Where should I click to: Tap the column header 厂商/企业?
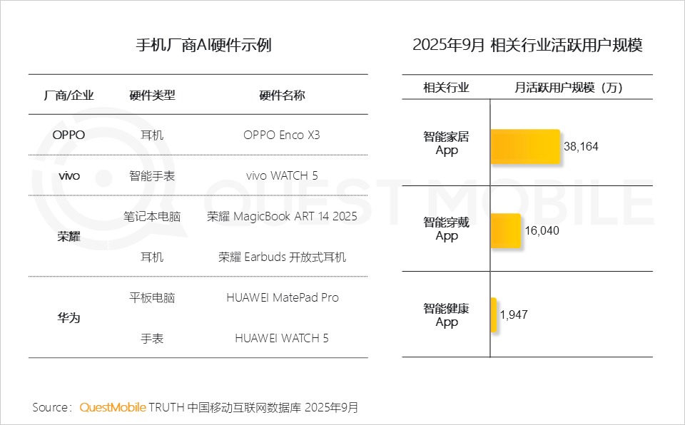[68, 95]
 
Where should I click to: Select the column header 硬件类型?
[152, 95]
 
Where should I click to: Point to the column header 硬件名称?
[282, 95]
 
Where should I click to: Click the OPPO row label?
[68, 135]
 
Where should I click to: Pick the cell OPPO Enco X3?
[282, 135]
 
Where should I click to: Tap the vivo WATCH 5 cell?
[282, 175]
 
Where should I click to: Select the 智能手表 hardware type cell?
[152, 175]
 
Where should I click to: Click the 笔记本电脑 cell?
[152, 216]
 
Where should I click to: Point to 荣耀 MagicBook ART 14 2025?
[282, 216]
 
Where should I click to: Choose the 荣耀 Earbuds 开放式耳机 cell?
[282, 257]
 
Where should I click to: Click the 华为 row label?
[68, 317]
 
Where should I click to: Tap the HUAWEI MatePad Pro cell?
[282, 297]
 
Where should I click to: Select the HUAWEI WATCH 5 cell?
[282, 338]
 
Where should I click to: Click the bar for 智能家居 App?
[525, 146]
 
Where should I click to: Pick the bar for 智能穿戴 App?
[506, 230]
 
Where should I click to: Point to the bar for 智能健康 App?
[493, 314]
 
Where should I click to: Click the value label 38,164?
[581, 147]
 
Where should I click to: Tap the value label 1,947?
[514, 314]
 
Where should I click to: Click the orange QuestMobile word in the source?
[112, 408]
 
